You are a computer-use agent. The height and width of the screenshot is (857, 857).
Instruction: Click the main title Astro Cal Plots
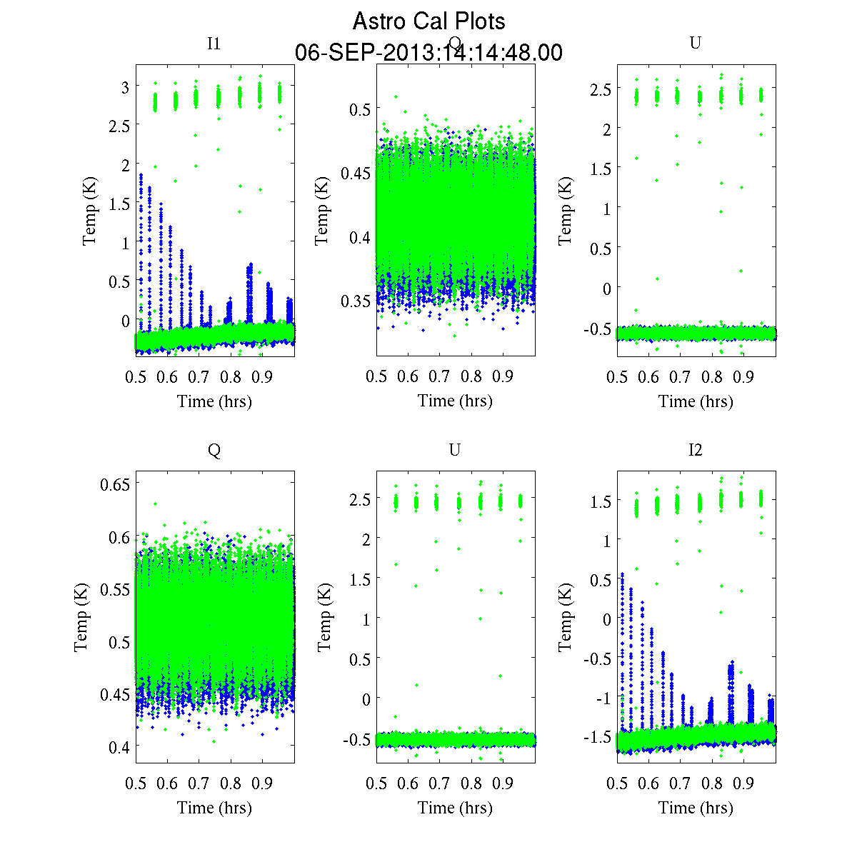coord(428,21)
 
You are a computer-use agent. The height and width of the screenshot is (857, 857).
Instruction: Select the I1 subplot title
coord(214,44)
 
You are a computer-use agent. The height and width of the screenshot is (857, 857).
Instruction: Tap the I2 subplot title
coord(695,450)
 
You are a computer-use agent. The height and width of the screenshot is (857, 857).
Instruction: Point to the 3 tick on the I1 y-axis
coord(125,87)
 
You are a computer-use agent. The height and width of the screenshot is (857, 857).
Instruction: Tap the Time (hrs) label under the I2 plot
coord(696,808)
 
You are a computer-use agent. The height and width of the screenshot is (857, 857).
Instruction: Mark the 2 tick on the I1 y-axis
coord(125,165)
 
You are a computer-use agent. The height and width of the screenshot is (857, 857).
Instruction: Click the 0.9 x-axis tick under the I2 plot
coord(743,783)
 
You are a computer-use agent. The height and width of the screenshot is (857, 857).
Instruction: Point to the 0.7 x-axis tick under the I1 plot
coord(199,377)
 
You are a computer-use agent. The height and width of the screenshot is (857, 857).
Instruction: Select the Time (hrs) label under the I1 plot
coord(214,401)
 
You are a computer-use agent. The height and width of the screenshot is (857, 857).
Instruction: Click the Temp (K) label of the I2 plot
coord(565,618)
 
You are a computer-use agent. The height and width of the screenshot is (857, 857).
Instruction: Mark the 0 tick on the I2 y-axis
coord(607,619)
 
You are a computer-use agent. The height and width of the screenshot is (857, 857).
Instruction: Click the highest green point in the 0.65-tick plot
coord(155,503)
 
